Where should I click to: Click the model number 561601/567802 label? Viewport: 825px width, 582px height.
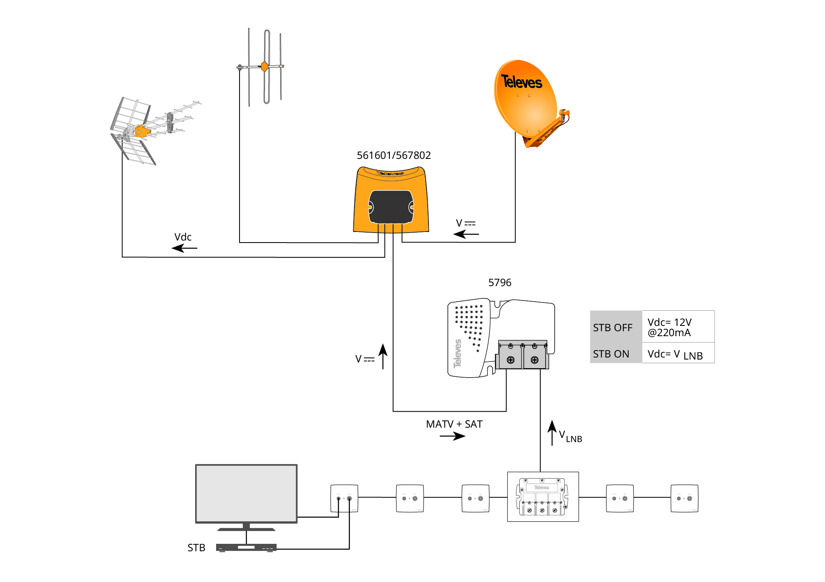[394, 156]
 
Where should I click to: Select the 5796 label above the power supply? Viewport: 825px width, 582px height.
[500, 283]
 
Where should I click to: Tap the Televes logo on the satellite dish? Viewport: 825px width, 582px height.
[521, 82]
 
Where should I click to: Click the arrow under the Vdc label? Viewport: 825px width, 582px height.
[184, 248]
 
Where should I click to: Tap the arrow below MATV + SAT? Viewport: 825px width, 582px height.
[452, 436]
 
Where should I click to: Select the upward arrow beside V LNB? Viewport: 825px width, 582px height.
[552, 433]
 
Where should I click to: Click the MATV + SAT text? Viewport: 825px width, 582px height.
[454, 424]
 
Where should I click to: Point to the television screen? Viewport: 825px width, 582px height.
[246, 493]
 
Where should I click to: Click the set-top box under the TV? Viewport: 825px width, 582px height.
[246, 548]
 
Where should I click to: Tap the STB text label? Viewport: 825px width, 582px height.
[196, 548]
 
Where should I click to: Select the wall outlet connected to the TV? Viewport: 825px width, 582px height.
[344, 498]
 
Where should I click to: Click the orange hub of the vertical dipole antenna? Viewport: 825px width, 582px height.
[265, 66]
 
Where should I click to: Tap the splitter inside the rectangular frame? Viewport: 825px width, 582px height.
[542, 497]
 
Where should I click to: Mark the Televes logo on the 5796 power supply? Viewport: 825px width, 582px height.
[457, 353]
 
